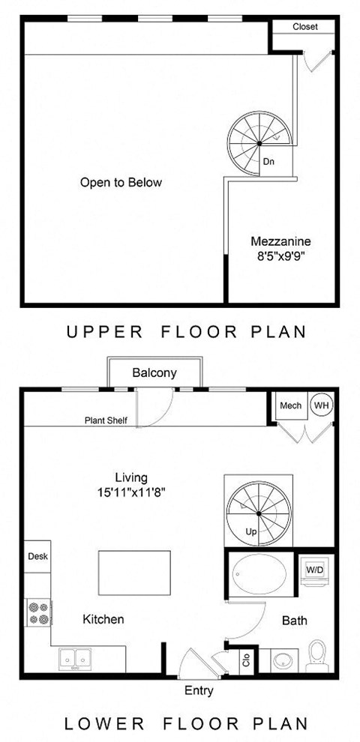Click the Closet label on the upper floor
coord(304,26)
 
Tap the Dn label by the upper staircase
coord(268,161)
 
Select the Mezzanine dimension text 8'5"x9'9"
coord(280,255)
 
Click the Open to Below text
coord(121,182)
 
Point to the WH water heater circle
coord(321,405)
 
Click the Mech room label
coord(290,405)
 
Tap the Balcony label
coord(154,372)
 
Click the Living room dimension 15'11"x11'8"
coord(131,492)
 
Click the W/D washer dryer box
coord(314,570)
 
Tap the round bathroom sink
coord(283,660)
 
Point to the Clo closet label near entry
coord(246,661)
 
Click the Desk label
coord(37,557)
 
